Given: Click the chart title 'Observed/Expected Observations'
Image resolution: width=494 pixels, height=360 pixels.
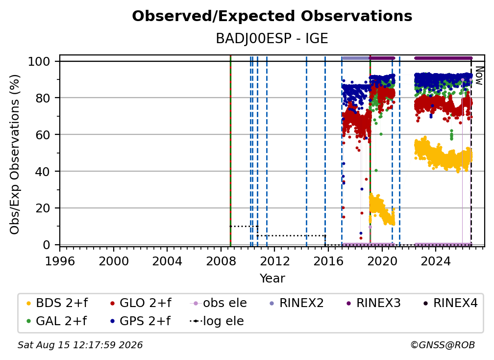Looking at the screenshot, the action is (x=272, y=16).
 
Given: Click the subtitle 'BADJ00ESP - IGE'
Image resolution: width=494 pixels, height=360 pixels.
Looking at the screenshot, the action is (x=272, y=39).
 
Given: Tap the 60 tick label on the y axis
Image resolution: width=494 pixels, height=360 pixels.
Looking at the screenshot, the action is (x=43, y=135).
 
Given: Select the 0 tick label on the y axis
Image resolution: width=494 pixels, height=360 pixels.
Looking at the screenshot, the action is (x=47, y=245).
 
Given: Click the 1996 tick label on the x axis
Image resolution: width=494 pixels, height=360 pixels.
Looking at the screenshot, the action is (x=60, y=261).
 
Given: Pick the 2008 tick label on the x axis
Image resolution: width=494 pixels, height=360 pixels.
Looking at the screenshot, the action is (x=221, y=261).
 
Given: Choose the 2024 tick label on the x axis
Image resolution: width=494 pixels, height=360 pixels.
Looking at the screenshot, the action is (x=436, y=261).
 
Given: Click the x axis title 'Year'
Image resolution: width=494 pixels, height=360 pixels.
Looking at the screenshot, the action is (x=272, y=279).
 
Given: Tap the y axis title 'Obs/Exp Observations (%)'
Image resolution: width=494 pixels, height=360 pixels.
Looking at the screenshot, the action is (x=15, y=154).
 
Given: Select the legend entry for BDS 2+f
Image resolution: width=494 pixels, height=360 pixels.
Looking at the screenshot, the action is (x=57, y=303).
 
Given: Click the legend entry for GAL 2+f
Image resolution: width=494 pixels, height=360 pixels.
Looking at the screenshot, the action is (x=57, y=321).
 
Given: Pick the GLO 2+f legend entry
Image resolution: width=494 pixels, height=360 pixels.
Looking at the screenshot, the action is (x=141, y=303).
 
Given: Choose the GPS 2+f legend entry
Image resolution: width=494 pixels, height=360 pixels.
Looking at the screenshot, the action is (x=141, y=321).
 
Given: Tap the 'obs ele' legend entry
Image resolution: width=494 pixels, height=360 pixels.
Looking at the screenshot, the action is (x=219, y=303).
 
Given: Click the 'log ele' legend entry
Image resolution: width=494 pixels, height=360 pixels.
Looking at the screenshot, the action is (x=217, y=321).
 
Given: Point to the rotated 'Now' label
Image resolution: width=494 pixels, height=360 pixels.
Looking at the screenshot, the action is (x=479, y=76).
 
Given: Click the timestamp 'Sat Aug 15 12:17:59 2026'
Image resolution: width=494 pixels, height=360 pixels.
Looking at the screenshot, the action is (x=80, y=345).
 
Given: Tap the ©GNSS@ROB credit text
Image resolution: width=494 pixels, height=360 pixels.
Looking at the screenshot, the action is (x=443, y=345).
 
